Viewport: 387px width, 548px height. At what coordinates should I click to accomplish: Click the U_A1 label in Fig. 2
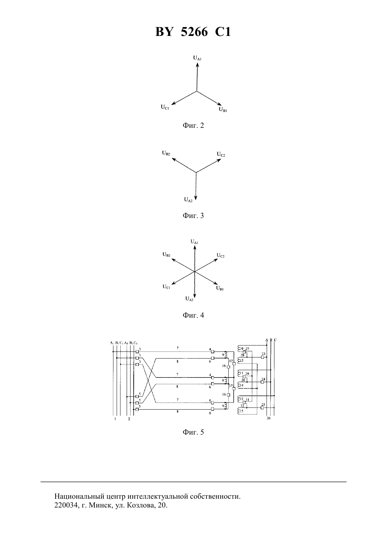[197, 58]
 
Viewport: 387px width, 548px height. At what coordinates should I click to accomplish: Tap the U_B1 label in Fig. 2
[223, 110]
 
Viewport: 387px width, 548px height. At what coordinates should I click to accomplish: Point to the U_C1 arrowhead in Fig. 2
[173, 104]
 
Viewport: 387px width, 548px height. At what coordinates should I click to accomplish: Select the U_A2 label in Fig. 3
[188, 200]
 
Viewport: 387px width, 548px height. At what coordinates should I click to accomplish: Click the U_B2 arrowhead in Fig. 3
[174, 159]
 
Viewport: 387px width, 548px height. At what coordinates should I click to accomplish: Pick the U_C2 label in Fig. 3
[221, 154]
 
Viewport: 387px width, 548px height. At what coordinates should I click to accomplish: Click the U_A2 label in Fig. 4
[189, 299]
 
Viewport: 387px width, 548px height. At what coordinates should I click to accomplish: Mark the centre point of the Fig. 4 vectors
[195, 272]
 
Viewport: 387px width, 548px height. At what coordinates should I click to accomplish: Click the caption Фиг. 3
[193, 216]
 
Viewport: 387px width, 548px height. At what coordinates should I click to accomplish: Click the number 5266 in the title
[194, 32]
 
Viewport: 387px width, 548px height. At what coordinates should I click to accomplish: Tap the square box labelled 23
[262, 357]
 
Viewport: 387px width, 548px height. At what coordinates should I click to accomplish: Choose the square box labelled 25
[262, 408]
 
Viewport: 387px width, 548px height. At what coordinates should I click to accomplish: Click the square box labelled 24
[262, 382]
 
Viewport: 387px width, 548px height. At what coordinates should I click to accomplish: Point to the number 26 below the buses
[268, 418]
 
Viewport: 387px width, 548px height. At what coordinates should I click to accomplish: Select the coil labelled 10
[239, 348]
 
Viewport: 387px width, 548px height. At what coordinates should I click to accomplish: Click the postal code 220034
[65, 505]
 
